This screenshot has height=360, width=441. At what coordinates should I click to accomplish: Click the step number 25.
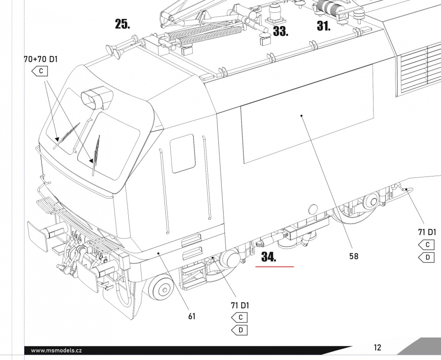tap(122, 24)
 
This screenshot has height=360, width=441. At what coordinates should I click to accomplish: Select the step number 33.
tap(280, 31)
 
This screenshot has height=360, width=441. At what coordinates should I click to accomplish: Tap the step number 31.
tap(323, 26)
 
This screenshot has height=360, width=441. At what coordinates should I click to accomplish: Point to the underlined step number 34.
tap(269, 257)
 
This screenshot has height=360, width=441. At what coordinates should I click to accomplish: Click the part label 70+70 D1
tap(41, 59)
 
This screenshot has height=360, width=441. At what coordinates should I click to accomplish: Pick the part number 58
tap(354, 256)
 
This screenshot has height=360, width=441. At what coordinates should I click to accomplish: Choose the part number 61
tap(192, 316)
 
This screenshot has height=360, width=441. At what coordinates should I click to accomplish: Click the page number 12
tap(377, 347)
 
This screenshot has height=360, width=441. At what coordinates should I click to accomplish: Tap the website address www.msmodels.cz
tap(56, 350)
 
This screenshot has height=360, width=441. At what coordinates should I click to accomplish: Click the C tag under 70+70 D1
tap(40, 71)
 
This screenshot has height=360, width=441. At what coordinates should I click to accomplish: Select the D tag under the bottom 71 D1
tap(239, 330)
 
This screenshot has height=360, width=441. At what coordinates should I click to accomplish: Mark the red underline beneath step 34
tap(274, 266)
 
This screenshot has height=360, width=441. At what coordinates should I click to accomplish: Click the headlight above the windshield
tap(97, 97)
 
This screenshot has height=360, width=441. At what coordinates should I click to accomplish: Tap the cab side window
tap(183, 154)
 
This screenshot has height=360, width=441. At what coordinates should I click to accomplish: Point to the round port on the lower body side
tap(313, 210)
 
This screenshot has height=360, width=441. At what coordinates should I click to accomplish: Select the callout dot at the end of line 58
tap(302, 116)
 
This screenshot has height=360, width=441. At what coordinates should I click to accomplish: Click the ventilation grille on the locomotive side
tap(419, 70)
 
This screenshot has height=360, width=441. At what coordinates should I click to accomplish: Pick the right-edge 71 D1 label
tap(427, 232)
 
